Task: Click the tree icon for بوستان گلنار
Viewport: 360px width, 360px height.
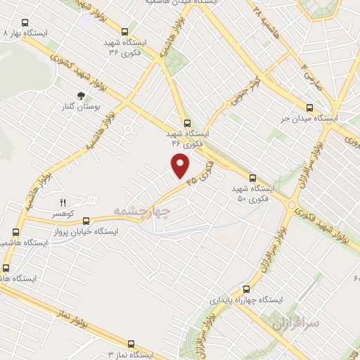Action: coord(82,96)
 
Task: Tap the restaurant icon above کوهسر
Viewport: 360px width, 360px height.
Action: coord(63,201)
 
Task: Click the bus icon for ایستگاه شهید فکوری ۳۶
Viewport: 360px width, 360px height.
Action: coord(124,32)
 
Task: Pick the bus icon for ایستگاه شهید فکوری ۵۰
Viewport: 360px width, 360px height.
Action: coord(252,179)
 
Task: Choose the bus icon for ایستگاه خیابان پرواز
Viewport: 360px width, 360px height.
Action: coord(86,220)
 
